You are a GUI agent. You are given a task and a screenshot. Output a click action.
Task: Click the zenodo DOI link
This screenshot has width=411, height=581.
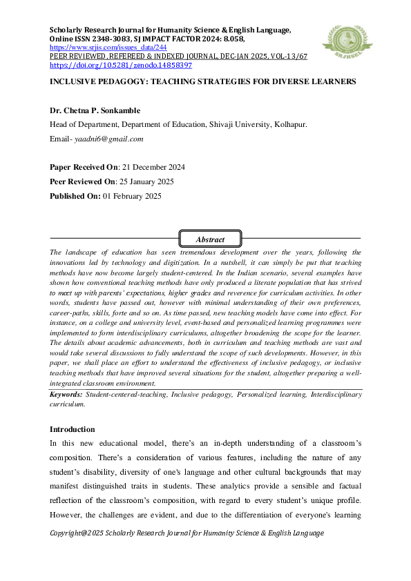tap(120, 65)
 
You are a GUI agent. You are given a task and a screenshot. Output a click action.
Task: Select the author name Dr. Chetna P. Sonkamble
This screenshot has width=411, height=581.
tap(94, 110)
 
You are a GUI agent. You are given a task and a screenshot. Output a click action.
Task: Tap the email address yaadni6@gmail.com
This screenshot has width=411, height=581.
tap(108, 139)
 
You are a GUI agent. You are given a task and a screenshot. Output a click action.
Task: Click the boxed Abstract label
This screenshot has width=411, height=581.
tap(210, 239)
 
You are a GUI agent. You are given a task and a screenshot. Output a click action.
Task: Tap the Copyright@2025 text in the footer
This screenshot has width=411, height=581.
tap(80, 533)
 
